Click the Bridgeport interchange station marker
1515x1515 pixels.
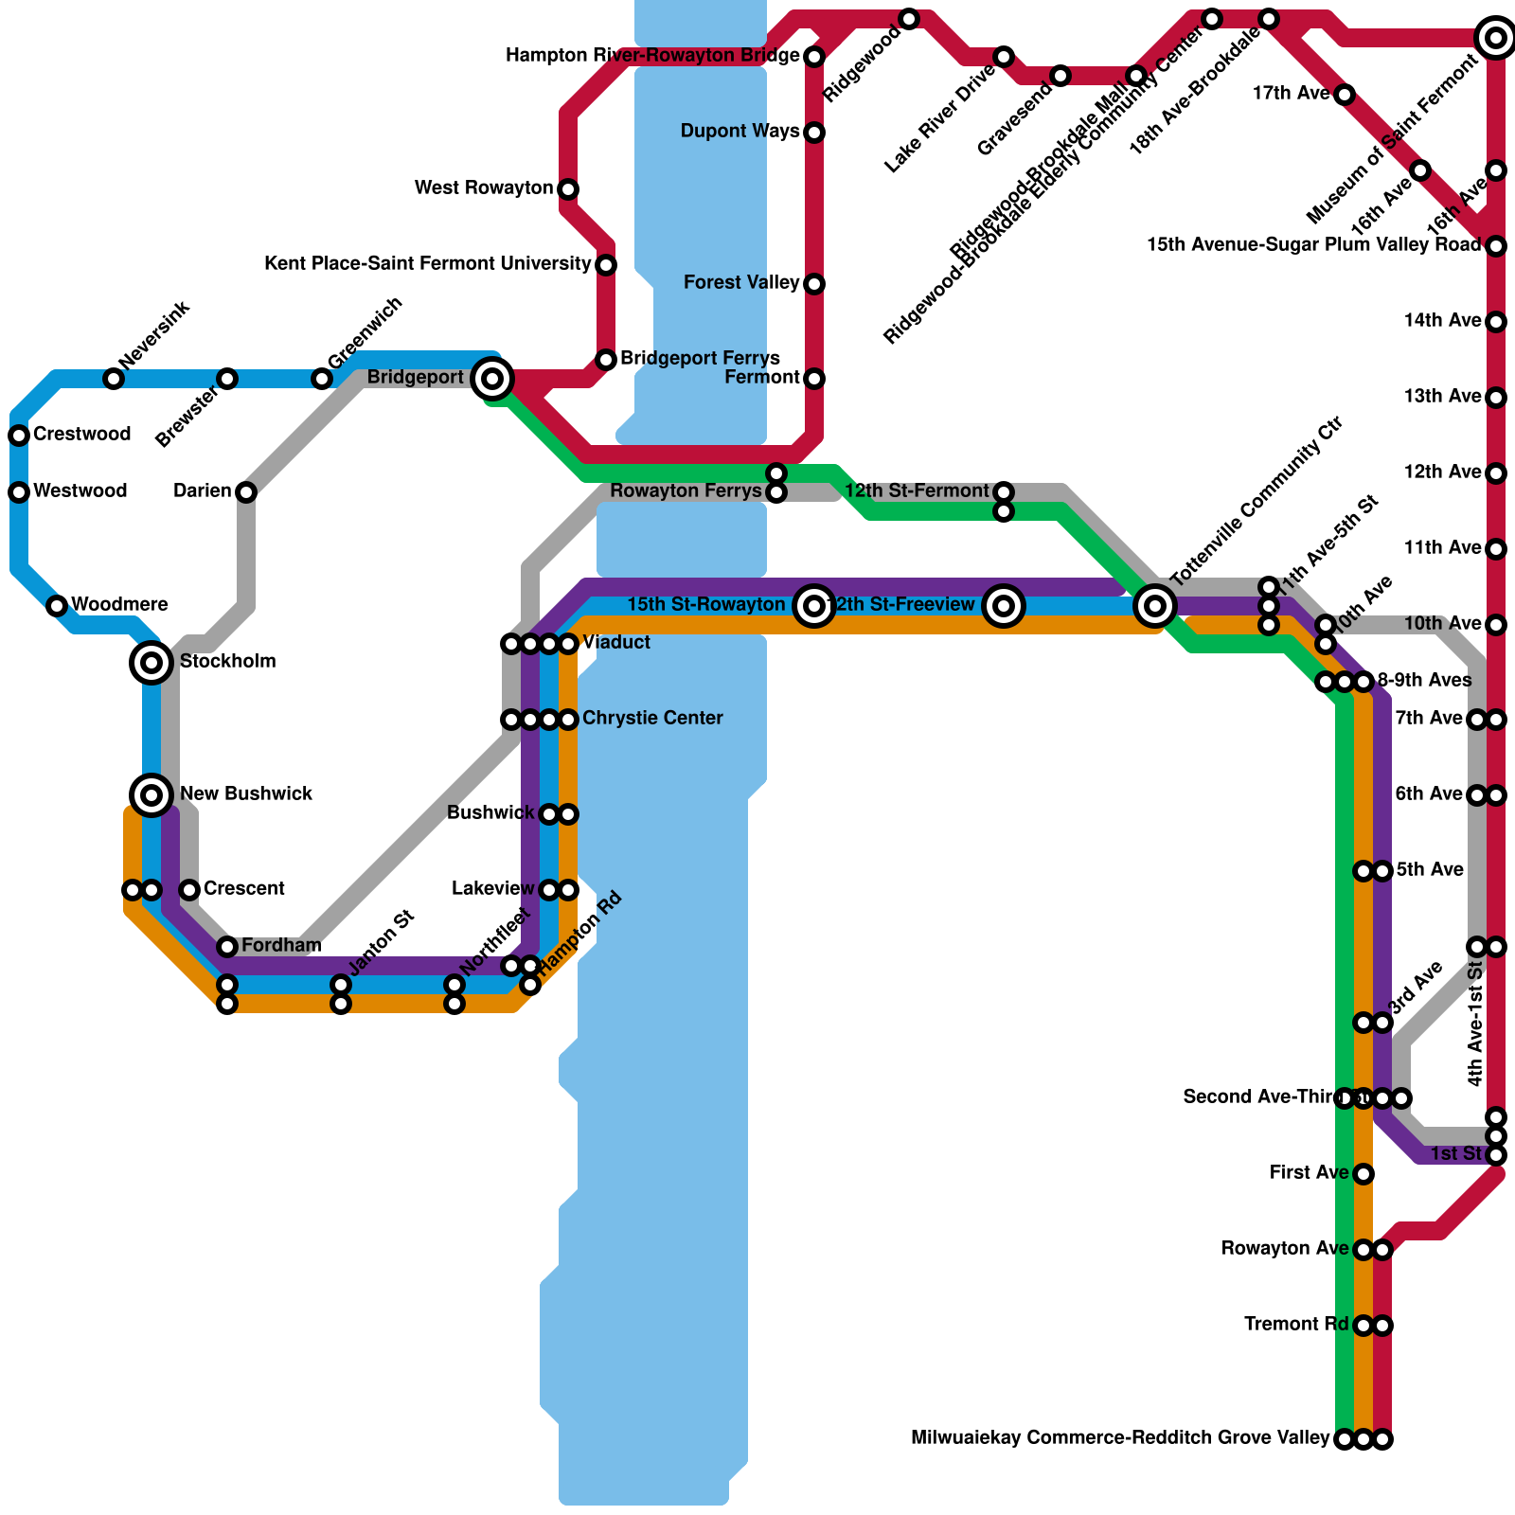492,379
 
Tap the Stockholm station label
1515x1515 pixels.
227,661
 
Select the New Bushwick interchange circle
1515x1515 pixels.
151,794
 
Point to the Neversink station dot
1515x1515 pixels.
114,379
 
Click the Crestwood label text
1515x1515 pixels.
81,435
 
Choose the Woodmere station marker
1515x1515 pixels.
57,606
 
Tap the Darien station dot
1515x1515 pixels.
246,492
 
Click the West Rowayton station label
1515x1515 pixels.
483,188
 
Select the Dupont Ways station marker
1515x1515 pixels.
814,133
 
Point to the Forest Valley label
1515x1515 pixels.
741,283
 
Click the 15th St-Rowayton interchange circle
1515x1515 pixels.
814,605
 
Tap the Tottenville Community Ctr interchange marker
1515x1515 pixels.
1155,604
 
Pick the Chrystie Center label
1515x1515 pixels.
652,719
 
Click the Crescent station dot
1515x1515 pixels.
189,890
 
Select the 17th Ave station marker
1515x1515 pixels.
1345,95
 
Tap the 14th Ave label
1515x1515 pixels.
1442,321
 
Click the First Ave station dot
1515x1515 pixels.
1363,1174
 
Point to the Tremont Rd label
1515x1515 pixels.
1295,1325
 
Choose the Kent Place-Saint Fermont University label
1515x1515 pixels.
428,264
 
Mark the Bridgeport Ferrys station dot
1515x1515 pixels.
607,360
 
